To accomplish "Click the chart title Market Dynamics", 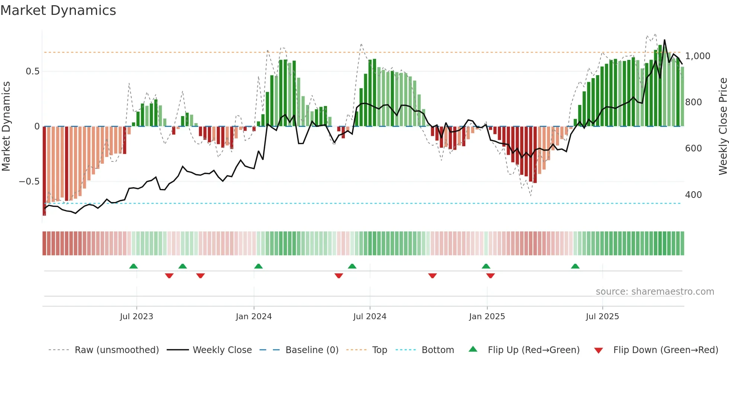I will pyautogui.click(x=58, y=10).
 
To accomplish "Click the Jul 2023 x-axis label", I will pyautogui.click(x=137, y=317).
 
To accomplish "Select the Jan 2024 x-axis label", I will pyautogui.click(x=254, y=317).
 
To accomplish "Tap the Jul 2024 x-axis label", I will pyautogui.click(x=370, y=317).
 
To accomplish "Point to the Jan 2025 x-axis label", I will pyautogui.click(x=487, y=317).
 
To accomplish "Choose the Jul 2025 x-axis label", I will pyautogui.click(x=602, y=317).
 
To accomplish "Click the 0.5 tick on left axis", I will pyautogui.click(x=33, y=71).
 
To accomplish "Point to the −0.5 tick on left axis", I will pyautogui.click(x=29, y=182).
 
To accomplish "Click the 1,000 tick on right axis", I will pyautogui.click(x=698, y=56).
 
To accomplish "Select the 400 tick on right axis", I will pyautogui.click(x=693, y=195).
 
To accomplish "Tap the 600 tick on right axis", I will pyautogui.click(x=693, y=148).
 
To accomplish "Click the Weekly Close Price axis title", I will pyautogui.click(x=723, y=126).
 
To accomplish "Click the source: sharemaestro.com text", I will pyautogui.click(x=655, y=292).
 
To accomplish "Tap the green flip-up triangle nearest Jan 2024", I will pyautogui.click(x=258, y=266).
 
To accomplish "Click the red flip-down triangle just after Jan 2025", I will pyautogui.click(x=491, y=276).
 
